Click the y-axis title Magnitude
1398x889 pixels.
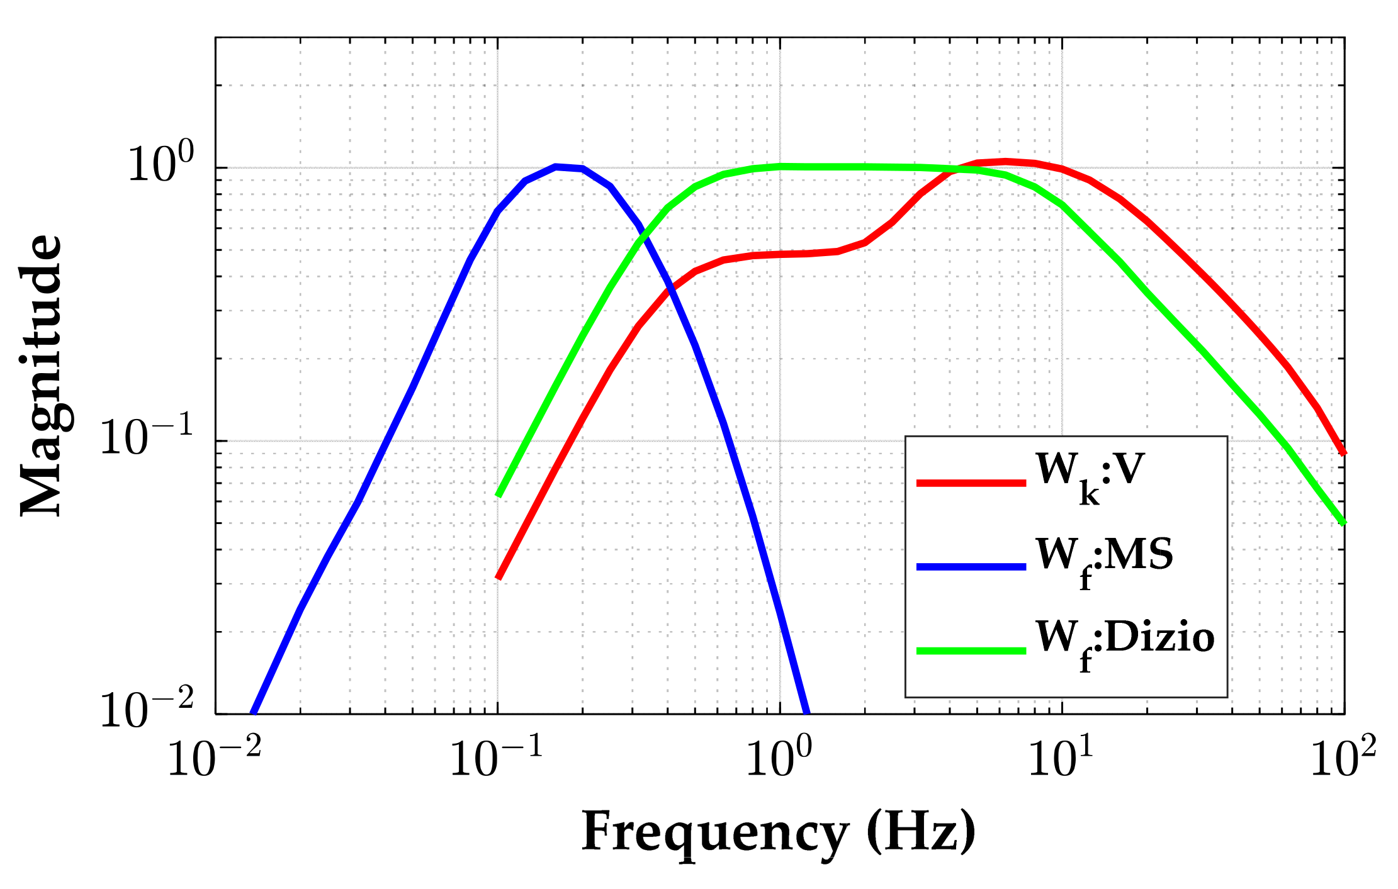pos(42,376)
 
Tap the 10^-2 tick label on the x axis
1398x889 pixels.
pos(214,758)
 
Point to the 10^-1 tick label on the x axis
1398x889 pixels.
pos(497,758)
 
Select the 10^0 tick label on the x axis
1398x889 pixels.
pos(779,758)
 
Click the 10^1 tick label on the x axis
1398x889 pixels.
pos(1061,758)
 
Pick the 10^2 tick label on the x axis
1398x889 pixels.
pos(1343,758)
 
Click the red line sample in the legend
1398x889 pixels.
pos(971,483)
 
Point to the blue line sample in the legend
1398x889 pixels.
pos(971,567)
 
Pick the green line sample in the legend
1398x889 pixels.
pos(971,651)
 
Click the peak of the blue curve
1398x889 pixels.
pos(556,167)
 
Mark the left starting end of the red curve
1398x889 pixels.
pos(499,578)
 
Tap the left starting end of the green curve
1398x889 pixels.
pos(499,496)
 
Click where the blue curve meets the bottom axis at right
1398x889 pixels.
pos(807,713)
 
